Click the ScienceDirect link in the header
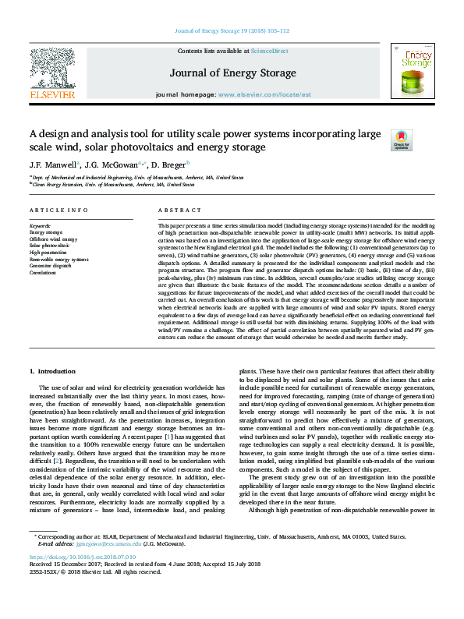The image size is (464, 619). click(x=271, y=51)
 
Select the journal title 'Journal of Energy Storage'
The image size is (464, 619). click(x=232, y=73)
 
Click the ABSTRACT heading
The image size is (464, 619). click(x=175, y=211)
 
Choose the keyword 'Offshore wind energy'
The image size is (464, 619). click(x=53, y=239)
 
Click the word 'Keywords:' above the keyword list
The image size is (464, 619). click(x=40, y=225)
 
